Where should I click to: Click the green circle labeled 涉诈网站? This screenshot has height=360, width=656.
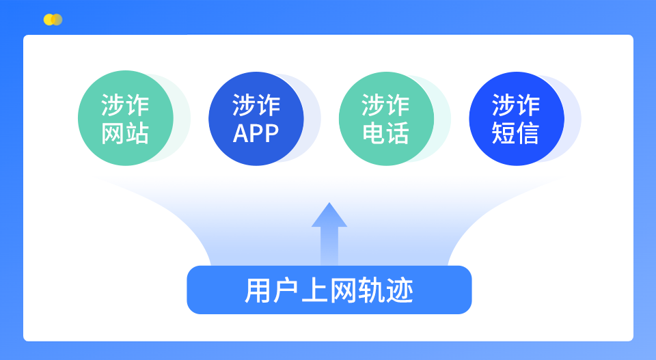tap(125, 118)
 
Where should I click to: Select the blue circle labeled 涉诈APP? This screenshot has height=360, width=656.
tap(256, 118)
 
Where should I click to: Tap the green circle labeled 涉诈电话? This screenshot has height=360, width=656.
tap(386, 118)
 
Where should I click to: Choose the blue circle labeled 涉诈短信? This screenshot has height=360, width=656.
tap(516, 118)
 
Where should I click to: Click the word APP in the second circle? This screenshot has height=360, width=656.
tap(256, 133)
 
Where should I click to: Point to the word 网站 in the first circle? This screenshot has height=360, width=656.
tap(125, 133)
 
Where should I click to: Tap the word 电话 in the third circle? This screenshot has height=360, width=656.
tap(386, 133)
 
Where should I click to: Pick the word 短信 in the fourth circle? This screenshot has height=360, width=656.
tap(516, 133)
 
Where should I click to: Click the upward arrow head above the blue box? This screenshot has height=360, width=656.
tap(329, 215)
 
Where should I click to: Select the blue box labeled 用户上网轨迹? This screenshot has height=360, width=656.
tap(329, 290)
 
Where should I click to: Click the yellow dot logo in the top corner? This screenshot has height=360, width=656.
tap(52, 20)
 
